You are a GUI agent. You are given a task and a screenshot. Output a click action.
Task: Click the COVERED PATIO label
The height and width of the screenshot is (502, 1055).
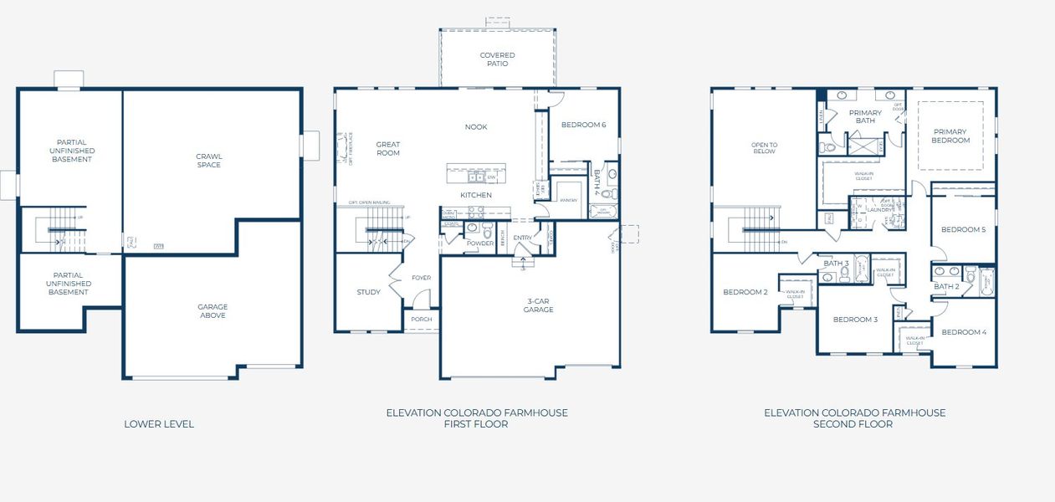[497, 59]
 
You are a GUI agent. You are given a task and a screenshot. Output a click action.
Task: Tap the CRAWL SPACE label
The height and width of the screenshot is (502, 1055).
[209, 160]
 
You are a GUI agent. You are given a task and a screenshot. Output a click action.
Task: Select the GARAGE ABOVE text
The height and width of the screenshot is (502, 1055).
[213, 310]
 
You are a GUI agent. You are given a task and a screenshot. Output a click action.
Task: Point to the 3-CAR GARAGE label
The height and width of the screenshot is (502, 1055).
[539, 305]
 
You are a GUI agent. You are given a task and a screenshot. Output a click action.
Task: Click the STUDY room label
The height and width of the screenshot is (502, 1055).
[368, 292]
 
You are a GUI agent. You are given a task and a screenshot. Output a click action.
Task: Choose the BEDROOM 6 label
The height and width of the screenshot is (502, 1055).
[583, 125]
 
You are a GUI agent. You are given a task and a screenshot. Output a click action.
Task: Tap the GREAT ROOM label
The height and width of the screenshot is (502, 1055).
[387, 148]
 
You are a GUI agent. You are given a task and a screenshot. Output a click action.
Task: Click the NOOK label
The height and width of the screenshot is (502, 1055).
[476, 127]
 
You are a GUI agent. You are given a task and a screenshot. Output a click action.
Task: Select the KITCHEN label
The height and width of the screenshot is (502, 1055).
[475, 195]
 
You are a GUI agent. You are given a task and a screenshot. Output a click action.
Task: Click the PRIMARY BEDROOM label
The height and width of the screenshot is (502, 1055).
[950, 136]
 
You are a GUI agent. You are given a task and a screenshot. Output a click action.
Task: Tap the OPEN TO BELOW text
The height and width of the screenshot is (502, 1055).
[764, 148]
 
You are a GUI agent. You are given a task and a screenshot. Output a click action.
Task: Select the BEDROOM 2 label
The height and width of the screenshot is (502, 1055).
[745, 292]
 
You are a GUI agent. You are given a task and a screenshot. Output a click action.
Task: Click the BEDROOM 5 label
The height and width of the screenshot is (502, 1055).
[963, 229]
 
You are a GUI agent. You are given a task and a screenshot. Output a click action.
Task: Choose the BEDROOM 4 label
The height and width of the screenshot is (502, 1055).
[963, 332]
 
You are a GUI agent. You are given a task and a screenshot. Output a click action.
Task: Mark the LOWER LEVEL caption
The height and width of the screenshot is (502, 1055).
[159, 424]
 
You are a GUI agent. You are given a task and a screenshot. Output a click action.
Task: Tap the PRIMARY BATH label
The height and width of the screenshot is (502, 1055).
[865, 116]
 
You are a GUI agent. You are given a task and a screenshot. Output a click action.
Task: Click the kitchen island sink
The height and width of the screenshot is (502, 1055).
[474, 177]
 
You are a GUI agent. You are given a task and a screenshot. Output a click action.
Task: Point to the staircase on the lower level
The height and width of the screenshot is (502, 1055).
[62, 230]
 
